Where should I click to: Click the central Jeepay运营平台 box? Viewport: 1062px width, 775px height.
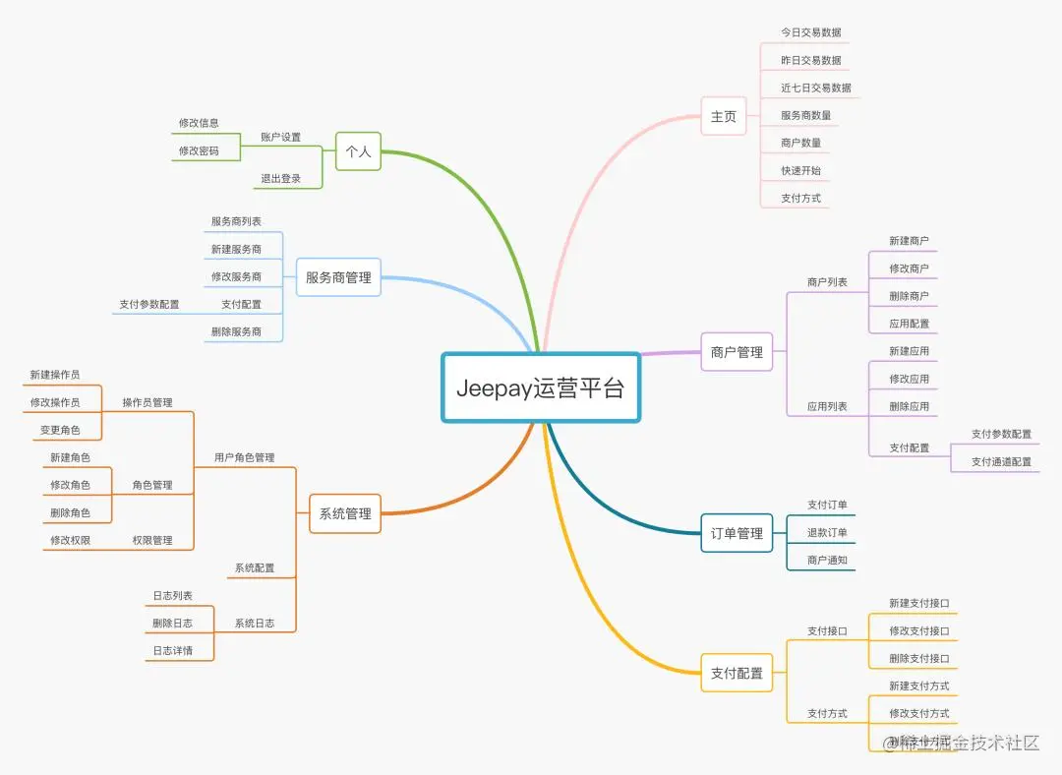coord(540,387)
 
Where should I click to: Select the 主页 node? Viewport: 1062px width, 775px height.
coord(723,116)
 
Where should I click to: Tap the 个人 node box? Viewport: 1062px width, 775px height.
coord(358,151)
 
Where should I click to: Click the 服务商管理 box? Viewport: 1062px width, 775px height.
coord(338,277)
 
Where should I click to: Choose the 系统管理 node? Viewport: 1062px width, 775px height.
coord(345,513)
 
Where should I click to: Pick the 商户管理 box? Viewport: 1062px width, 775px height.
coord(737,352)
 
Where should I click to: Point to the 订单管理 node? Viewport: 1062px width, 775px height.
coord(737,533)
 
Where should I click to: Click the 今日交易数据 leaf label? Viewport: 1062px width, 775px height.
coord(810,32)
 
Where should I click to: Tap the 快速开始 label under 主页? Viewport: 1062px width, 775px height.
coord(800,170)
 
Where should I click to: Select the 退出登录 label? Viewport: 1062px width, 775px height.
coord(280,179)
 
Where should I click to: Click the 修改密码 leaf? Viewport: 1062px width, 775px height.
coord(199,151)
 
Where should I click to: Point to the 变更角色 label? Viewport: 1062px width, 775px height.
coord(60,430)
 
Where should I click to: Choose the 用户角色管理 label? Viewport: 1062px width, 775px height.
coord(244,457)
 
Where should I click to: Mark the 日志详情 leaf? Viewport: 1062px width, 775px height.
coord(172,650)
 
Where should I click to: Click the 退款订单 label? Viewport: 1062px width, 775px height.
coord(827,532)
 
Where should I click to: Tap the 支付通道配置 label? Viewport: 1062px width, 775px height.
coord(1001,461)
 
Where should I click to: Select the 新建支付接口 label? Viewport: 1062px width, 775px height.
coord(918,603)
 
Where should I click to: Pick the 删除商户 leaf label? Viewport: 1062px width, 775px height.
coord(909,296)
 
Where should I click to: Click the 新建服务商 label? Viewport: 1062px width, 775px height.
coord(236,249)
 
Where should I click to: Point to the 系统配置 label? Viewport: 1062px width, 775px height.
coord(254,567)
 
